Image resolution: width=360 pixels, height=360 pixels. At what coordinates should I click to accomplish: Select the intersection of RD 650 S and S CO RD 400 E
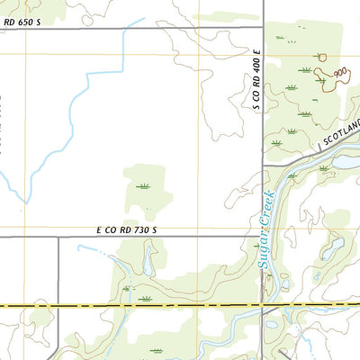263,28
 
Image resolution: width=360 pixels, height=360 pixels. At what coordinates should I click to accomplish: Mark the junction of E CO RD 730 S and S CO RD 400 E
263,237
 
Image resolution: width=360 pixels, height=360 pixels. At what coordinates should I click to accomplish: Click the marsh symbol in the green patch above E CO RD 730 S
142,186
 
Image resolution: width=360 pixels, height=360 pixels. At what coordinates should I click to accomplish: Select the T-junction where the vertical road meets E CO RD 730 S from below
58,237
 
